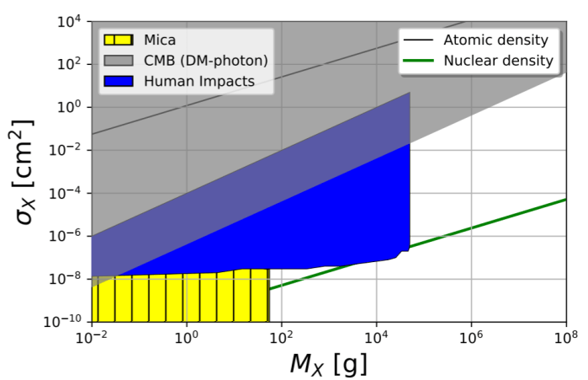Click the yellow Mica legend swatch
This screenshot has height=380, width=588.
point(117,39)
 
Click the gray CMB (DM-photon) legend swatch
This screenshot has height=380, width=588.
point(117,60)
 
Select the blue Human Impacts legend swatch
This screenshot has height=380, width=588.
point(117,81)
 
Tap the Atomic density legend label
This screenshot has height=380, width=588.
point(495,40)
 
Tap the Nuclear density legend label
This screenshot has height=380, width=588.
point(498,60)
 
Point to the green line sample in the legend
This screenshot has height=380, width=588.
point(419,61)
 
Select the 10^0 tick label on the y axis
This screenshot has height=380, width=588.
point(70,107)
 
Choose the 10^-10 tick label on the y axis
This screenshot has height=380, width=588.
point(65,322)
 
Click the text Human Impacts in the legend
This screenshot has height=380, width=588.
point(198,81)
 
